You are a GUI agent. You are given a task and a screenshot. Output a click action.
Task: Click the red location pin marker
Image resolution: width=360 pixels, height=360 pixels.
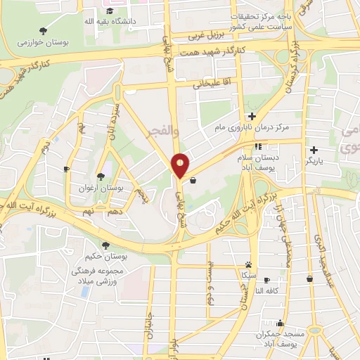180,165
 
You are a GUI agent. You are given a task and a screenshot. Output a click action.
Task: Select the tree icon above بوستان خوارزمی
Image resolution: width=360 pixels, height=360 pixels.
43,30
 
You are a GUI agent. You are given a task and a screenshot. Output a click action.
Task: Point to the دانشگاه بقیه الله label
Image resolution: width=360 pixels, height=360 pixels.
111,22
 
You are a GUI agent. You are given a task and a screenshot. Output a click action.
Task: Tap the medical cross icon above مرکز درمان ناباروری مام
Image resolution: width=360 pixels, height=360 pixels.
252,116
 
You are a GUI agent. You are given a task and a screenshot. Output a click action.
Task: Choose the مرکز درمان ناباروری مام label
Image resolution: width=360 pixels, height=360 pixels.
251,129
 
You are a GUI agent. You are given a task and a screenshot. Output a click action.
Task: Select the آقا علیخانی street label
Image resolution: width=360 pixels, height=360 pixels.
212,84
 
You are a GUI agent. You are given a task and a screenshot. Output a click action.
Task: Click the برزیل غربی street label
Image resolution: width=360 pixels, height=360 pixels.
209,35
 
